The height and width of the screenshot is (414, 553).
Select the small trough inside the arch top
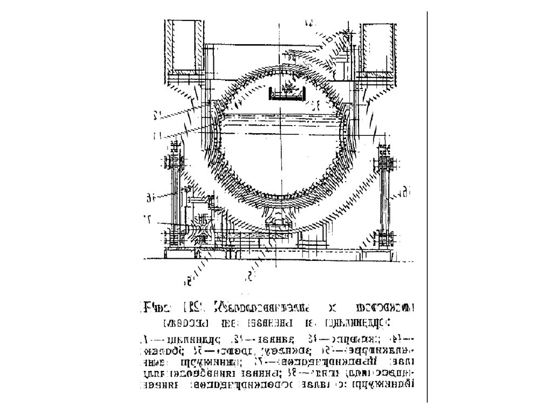click(x=286, y=96)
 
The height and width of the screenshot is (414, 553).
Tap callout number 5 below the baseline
click(x=250, y=277)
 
